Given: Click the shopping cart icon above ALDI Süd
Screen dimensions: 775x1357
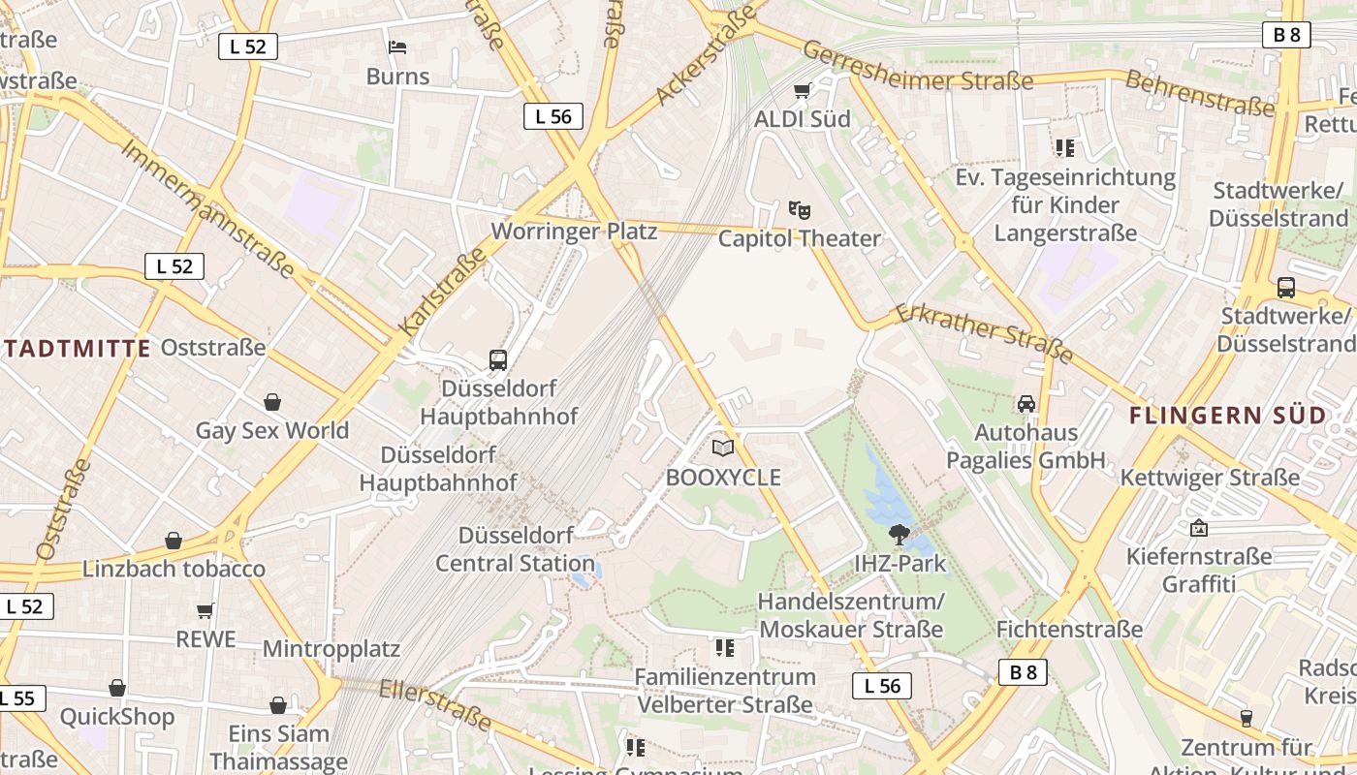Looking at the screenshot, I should [x=802, y=91].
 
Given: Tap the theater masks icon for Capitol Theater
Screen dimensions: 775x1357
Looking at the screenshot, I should [x=800, y=209].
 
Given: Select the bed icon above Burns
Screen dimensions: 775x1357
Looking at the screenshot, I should [x=397, y=46].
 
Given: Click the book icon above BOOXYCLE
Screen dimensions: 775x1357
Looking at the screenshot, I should [x=723, y=448].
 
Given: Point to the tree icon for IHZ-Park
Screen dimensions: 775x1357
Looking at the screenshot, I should [x=899, y=534].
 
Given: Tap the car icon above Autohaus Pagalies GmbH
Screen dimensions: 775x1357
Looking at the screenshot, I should [x=1026, y=403].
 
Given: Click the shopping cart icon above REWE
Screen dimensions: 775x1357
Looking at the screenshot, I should [x=205, y=610].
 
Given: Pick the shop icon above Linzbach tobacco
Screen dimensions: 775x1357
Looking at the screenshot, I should [x=174, y=541].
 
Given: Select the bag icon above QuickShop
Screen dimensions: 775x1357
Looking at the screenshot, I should [x=117, y=689].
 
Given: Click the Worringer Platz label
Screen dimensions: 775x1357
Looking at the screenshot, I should [x=574, y=232].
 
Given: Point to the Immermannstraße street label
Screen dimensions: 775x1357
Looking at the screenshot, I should [x=207, y=207].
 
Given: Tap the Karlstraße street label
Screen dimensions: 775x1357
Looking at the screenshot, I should [x=442, y=294].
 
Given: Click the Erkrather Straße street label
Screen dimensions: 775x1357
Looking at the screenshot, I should [x=983, y=332].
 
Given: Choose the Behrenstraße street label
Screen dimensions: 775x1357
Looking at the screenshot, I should [x=1198, y=93].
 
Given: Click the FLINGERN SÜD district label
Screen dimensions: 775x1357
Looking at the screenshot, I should [x=1228, y=416].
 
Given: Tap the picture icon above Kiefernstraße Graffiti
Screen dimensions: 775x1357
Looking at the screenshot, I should [x=1199, y=528].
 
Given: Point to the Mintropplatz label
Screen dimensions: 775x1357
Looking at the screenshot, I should [x=331, y=648].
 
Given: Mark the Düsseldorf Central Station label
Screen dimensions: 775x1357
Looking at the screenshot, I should [x=515, y=549].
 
